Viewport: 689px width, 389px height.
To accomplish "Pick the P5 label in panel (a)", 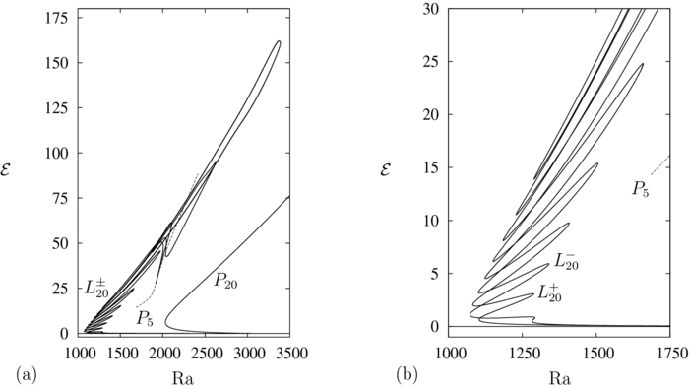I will pyautogui.click(x=145, y=316).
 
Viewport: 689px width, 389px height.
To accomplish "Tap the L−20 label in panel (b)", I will pyautogui.click(x=567, y=260).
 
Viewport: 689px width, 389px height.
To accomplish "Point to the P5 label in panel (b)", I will pyautogui.click(x=641, y=187).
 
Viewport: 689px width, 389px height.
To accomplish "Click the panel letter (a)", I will pyautogui.click(x=27, y=375).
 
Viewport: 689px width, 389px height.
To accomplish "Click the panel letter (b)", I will pyautogui.click(x=407, y=375).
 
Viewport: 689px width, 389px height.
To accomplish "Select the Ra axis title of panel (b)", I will pyautogui.click(x=559, y=377).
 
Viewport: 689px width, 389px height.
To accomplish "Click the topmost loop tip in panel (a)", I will pyautogui.click(x=278, y=41).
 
